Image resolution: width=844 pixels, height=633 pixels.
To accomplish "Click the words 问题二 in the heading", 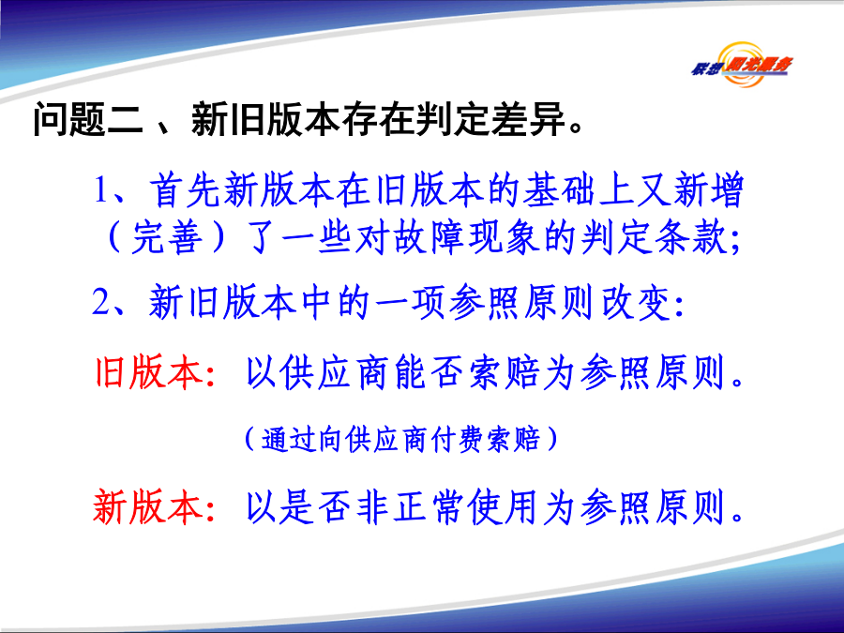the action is tap(88, 119).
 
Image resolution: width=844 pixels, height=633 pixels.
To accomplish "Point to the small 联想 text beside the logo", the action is tap(705, 68).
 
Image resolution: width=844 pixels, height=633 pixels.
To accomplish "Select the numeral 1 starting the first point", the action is tap(100, 190).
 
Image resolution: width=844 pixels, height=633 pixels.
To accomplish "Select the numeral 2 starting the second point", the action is tap(101, 302).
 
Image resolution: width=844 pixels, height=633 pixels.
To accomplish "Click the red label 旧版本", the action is tap(148, 372).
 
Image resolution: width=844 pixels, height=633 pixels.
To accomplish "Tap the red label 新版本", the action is tap(148, 506).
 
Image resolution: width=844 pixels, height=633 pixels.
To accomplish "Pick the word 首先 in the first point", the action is tap(184, 190).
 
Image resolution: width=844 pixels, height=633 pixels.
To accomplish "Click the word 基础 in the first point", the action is tap(558, 190).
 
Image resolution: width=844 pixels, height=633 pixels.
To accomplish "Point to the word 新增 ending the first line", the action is tap(708, 190).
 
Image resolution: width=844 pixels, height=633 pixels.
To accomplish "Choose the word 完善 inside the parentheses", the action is tap(166, 237).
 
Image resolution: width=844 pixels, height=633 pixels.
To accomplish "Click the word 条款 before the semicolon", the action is tap(691, 237).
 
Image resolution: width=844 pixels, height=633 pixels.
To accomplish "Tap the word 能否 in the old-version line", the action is tap(429, 372).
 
